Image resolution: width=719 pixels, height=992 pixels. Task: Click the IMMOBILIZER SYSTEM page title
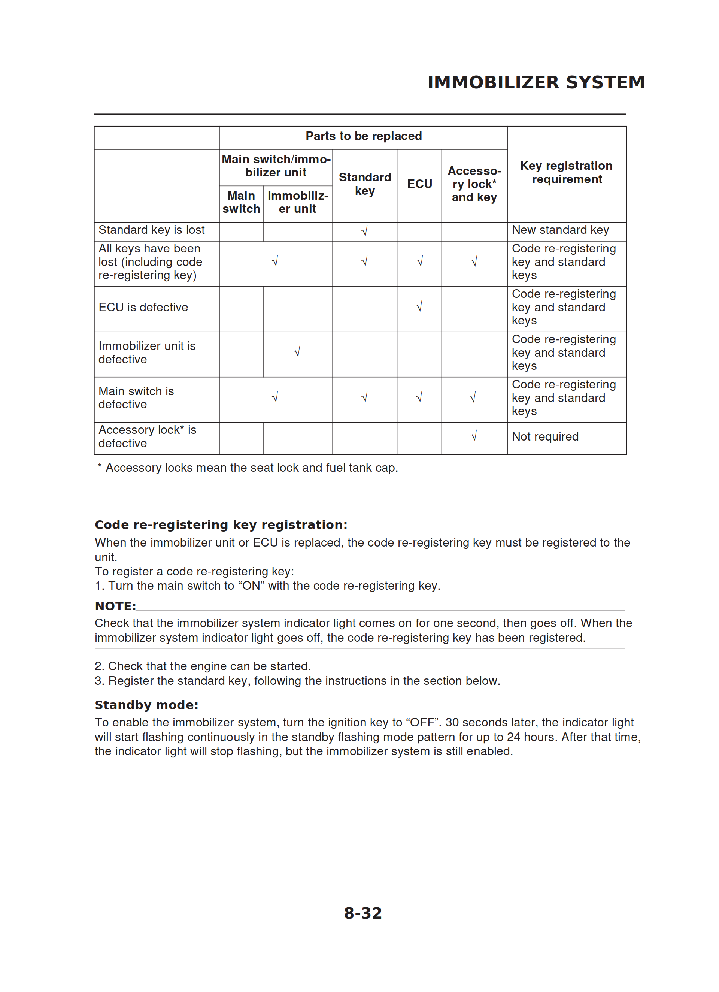pos(536,82)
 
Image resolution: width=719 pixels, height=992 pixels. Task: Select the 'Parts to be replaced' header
pos(364,136)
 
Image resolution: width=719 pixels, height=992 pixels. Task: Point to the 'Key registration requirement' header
pos(566,172)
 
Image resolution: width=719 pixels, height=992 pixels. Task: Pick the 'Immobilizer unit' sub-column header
pos(297,202)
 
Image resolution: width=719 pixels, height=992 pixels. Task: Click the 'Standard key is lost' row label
pos(151,230)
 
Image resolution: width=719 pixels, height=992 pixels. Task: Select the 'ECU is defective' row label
pos(143,308)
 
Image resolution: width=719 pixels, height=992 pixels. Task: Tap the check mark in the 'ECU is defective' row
pos(419,306)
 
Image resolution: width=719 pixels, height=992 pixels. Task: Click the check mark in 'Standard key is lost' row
pos(364,231)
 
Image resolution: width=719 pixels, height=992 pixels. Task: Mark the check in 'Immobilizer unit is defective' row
pos(297,352)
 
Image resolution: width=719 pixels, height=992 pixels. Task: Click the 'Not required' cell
pos(545,436)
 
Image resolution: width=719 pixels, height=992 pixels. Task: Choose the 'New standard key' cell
pos(560,230)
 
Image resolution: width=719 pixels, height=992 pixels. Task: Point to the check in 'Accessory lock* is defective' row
pos(474,436)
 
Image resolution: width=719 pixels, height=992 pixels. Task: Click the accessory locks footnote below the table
pos(248,468)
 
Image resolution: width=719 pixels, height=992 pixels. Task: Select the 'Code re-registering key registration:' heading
pos(221,524)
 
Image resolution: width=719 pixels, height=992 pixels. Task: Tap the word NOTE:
pos(115,606)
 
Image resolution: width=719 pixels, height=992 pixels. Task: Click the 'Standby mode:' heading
pos(146,705)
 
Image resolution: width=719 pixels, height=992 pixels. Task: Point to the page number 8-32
pos(362,913)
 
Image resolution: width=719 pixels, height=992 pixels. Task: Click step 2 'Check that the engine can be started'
pos(203,666)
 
